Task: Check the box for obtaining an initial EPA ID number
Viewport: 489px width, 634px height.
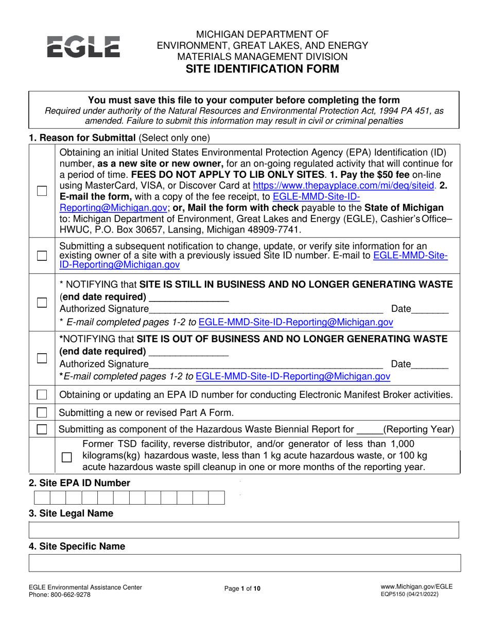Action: [42, 191]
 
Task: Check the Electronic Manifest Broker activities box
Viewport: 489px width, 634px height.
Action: [42, 395]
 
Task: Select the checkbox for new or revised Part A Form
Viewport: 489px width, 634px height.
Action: [42, 412]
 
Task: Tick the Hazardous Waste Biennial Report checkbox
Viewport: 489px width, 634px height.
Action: [42, 429]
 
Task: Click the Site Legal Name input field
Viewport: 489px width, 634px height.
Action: [244, 530]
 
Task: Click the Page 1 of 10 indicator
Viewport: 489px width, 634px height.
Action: [242, 588]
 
